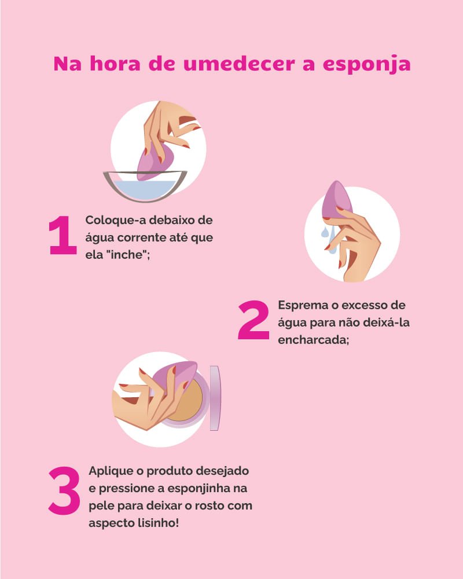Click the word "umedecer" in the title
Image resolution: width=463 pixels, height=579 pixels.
click(x=239, y=64)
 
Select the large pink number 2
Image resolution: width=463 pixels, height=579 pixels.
click(x=253, y=320)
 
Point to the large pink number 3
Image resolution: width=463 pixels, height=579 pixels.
click(x=64, y=490)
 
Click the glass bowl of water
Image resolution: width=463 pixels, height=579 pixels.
click(x=145, y=186)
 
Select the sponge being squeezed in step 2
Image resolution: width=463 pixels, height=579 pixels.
click(x=336, y=199)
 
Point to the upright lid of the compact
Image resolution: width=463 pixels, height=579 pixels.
click(x=215, y=398)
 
